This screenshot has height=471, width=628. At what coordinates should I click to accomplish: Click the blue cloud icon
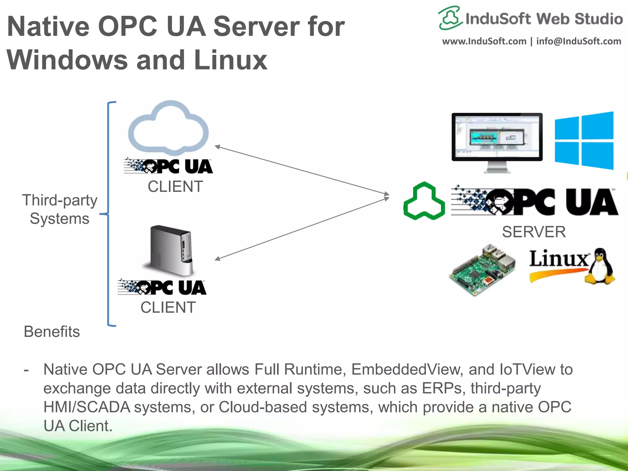[169, 129]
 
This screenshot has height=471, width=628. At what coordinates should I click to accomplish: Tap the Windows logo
[584, 140]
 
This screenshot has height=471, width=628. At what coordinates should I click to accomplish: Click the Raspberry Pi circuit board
[482, 270]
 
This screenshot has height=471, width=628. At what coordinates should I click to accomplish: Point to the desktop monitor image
[497, 138]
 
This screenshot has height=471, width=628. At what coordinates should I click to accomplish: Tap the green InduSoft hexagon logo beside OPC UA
[424, 201]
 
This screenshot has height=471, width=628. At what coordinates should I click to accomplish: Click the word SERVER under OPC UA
[534, 232]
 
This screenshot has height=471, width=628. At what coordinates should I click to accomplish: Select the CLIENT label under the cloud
[175, 186]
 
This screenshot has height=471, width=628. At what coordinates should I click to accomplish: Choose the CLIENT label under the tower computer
[168, 307]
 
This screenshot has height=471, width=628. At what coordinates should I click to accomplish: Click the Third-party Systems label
[59, 209]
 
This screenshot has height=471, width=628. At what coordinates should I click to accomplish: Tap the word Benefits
[52, 331]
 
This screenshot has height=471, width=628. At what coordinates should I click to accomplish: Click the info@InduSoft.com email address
[578, 41]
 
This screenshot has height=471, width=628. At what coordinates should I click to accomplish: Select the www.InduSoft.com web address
[484, 41]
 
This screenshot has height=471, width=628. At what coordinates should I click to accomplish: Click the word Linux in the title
[231, 60]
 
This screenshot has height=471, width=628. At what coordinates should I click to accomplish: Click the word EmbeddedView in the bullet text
[406, 369]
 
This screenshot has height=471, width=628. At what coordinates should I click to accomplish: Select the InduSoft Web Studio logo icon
[450, 18]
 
